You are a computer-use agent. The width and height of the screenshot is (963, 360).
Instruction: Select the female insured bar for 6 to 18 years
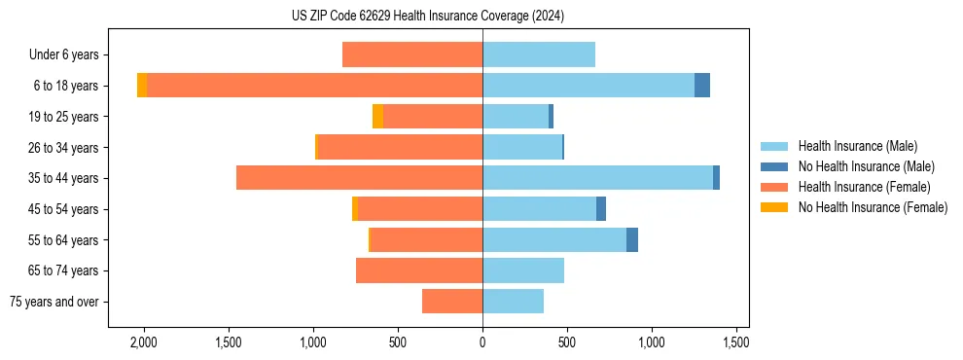pos(311,86)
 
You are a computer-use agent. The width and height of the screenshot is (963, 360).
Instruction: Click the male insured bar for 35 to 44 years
pos(597,178)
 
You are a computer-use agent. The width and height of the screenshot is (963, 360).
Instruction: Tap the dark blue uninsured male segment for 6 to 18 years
pos(701,86)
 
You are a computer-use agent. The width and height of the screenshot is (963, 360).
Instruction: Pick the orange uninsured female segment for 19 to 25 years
pos(377,117)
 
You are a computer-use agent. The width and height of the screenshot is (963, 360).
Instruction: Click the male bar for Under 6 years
pos(538,54)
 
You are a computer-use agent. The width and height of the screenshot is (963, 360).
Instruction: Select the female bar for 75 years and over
pos(451,302)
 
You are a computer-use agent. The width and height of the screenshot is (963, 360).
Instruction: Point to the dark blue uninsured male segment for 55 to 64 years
pos(631,239)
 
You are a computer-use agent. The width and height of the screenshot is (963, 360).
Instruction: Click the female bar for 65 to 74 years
pos(418,270)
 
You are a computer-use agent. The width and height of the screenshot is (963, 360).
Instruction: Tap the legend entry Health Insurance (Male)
pos(857,146)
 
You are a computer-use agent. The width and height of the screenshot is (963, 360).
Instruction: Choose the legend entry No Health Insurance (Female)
pos(873,207)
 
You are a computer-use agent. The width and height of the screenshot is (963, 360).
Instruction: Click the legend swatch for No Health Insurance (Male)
pos(775,166)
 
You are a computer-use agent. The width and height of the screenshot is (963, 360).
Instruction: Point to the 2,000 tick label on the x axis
pos(144,342)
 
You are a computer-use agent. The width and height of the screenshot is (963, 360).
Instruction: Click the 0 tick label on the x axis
pos(482,342)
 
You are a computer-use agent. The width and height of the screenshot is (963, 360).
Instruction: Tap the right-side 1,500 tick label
pos(735,342)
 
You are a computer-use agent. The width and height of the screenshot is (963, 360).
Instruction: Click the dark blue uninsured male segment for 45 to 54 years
pos(601,209)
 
